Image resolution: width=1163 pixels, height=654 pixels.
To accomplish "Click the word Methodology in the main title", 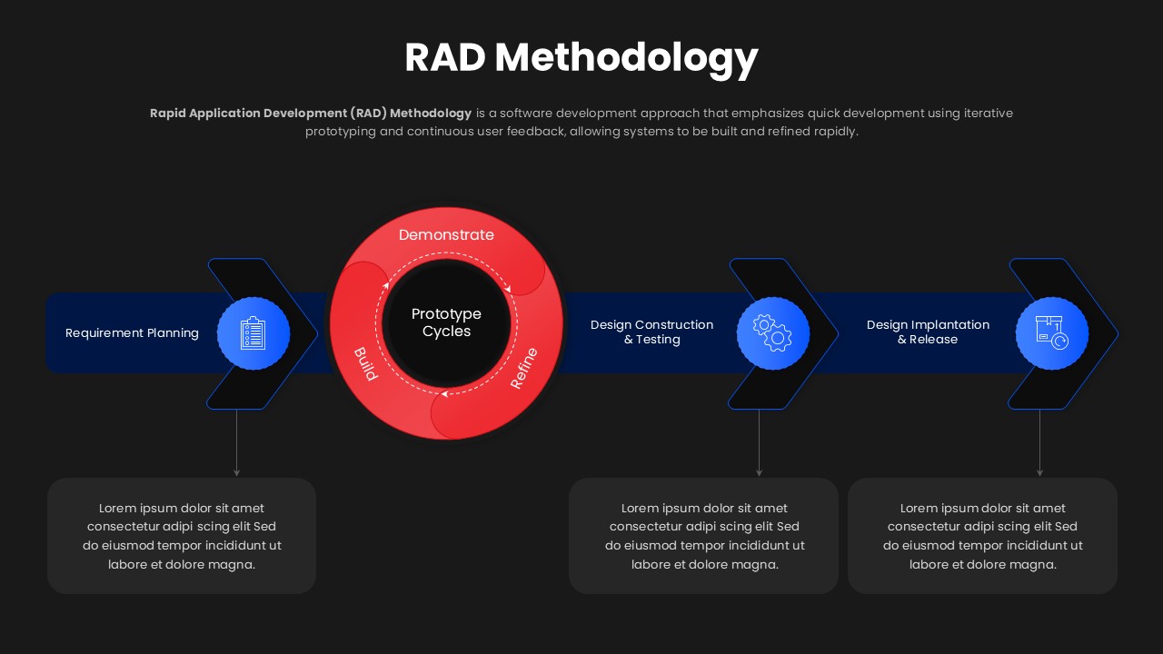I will coord(626,58).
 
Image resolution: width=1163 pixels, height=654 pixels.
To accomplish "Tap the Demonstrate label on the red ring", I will coord(446,234).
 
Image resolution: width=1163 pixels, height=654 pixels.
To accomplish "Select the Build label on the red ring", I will coord(365,363).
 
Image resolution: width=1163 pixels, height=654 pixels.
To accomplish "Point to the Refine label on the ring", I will coord(524,368).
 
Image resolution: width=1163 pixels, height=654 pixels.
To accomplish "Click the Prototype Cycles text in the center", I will coord(446,322).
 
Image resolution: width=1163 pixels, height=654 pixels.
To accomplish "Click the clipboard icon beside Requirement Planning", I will coord(253,333).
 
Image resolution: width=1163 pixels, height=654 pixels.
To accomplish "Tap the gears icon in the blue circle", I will coord(773,333).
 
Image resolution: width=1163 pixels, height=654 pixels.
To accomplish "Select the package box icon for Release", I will coord(1051,333).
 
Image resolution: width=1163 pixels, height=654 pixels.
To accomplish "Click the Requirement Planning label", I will coord(132,333).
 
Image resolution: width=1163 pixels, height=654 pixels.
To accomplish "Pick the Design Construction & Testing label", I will coord(651,332).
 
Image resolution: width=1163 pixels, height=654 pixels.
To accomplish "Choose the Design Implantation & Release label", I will coord(928,332).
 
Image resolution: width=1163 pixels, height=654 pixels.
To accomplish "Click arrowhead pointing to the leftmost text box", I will coord(237,472).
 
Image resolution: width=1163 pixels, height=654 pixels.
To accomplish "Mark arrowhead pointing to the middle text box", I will coord(760,472).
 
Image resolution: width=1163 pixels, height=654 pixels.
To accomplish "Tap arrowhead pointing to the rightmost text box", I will coord(1040,472).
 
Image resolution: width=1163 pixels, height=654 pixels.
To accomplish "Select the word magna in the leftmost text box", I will coord(234,565).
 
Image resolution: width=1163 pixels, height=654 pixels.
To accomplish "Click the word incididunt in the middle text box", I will coord(752,546).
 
